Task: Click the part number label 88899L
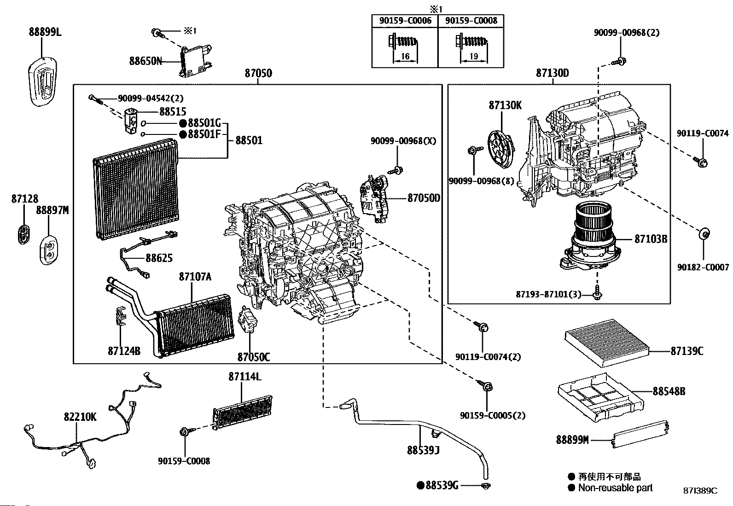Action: pyautogui.click(x=45, y=32)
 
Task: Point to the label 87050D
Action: pyautogui.click(x=424, y=198)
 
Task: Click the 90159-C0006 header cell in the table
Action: pyautogui.click(x=405, y=21)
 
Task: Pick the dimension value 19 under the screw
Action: pyautogui.click(x=473, y=57)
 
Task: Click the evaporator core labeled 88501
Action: pyautogui.click(x=136, y=189)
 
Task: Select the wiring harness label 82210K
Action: pyautogui.click(x=80, y=417)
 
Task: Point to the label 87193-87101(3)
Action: pyautogui.click(x=555, y=295)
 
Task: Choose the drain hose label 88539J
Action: pyautogui.click(x=423, y=450)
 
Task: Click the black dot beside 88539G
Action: pyautogui.click(x=420, y=485)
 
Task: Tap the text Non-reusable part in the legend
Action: pyautogui.click(x=615, y=488)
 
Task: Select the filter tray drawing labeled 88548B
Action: pyautogui.click(x=600, y=396)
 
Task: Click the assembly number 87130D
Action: pyautogui.click(x=553, y=73)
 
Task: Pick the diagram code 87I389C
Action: pyautogui.click(x=700, y=491)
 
